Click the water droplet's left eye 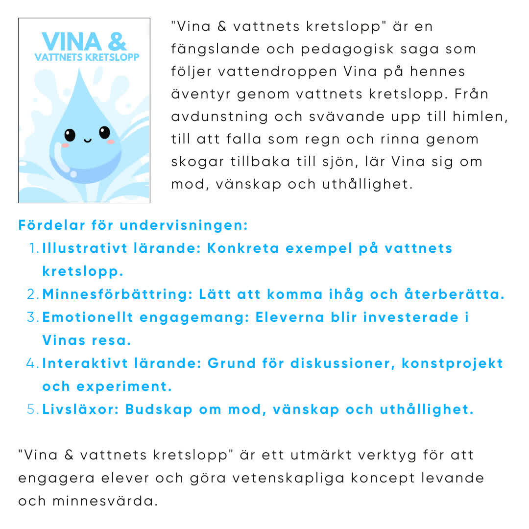coord(70,135)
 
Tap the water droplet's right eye coord(104,132)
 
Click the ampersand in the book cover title coord(117,42)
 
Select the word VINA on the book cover coord(72,42)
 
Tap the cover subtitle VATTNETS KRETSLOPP coord(87,57)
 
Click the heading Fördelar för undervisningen coord(133,225)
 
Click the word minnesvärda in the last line coord(105,501)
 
